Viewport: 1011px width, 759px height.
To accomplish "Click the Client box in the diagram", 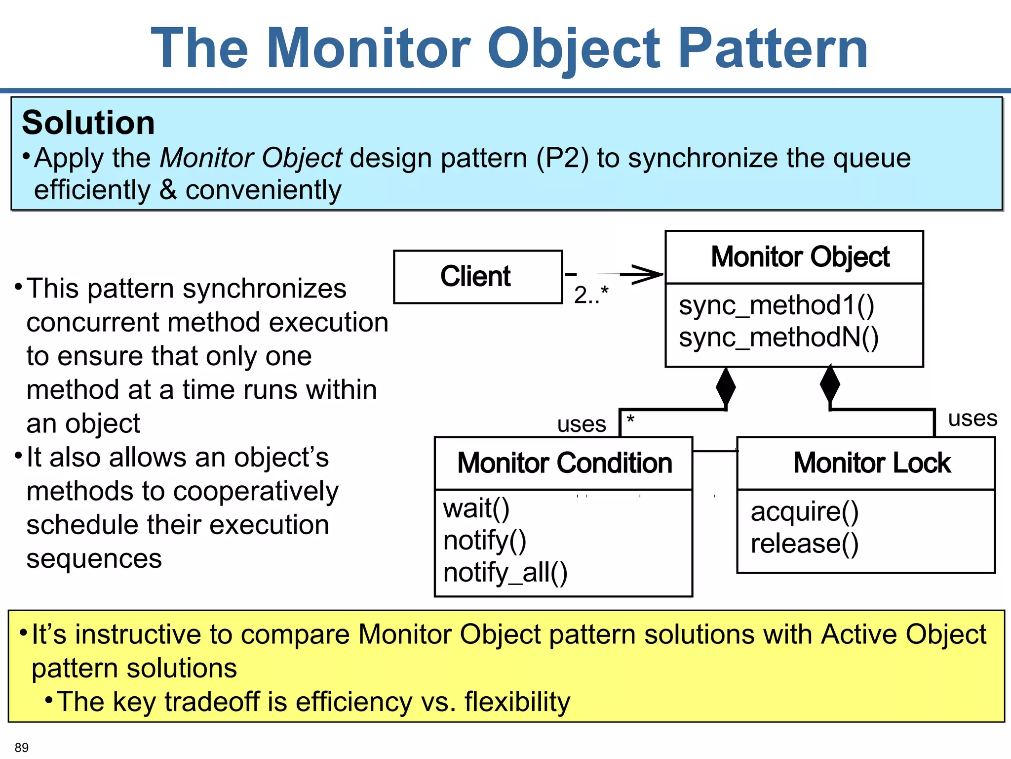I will [477, 276].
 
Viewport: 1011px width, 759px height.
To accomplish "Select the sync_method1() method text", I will [776, 305].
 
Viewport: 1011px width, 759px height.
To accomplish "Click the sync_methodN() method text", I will [778, 337].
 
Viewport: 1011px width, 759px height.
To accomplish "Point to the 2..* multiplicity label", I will [591, 295].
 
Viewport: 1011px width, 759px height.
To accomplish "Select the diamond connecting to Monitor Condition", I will [725, 387].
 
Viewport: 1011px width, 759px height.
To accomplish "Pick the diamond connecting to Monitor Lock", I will [830, 384].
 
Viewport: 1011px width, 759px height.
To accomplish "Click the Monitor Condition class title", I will [564, 463].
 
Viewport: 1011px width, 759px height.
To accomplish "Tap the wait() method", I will [476, 508].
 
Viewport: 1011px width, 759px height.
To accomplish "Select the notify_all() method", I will [505, 573].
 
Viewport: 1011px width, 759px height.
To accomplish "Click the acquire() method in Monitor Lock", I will [804, 511].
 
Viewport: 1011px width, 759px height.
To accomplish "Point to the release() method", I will [804, 544].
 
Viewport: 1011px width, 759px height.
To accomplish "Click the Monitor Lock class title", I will [871, 463].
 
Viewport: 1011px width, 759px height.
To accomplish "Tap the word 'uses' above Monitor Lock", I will [972, 419].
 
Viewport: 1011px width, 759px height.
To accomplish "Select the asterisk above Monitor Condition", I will [630, 421].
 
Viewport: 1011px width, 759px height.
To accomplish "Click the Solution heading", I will [88, 123].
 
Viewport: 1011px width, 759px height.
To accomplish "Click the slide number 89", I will [22, 748].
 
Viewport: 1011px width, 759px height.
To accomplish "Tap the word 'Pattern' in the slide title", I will [773, 48].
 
